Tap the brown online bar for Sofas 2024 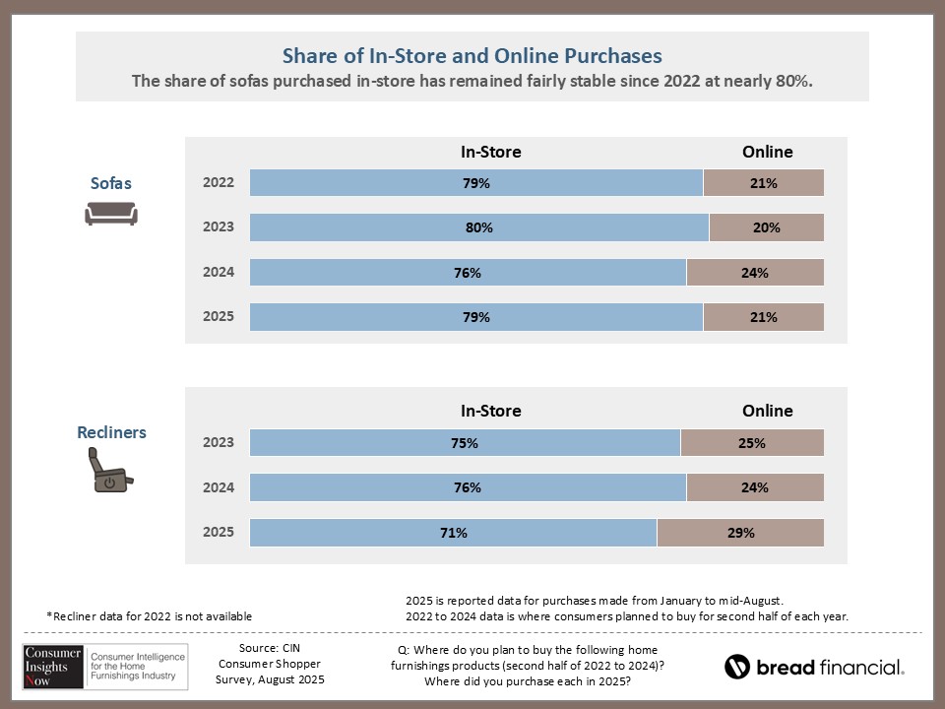755,273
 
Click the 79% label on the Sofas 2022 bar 477,183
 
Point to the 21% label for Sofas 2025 764,317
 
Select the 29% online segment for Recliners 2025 740,533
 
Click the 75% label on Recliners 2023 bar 465,443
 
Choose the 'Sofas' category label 110,183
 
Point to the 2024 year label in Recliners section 219,487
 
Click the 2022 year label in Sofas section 219,183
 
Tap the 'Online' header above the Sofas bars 767,152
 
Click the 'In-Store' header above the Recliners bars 491,411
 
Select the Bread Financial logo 814,667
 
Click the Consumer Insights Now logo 101,666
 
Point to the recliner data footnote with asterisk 150,616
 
